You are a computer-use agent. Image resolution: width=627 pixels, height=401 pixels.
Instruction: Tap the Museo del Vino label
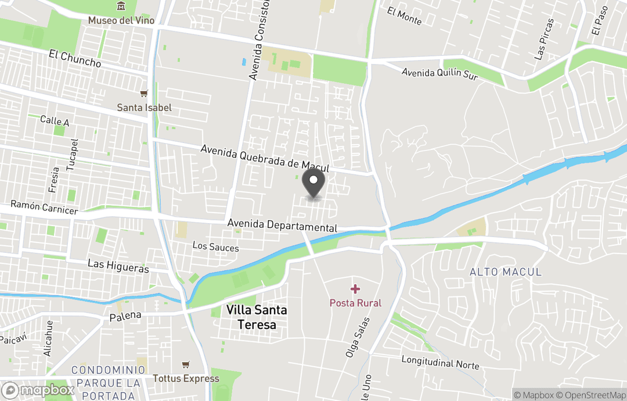pos(121,20)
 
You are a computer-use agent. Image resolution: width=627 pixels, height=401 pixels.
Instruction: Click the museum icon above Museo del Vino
pos(121,6)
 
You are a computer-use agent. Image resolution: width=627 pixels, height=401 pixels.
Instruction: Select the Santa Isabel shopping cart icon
pos(144,94)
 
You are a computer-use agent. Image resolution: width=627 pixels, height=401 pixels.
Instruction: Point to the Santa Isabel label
pos(144,108)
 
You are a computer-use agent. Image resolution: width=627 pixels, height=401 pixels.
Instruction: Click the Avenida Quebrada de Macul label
pos(265,158)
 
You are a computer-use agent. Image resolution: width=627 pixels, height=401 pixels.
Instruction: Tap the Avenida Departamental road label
pos(282,225)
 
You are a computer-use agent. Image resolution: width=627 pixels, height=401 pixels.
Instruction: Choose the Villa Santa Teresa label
pos(257,317)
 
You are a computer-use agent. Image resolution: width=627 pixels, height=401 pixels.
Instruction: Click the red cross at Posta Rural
pos(355,289)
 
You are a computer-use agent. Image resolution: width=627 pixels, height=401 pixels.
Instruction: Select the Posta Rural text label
pos(355,303)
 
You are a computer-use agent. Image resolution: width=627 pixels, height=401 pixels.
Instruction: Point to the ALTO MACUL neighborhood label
pos(505,272)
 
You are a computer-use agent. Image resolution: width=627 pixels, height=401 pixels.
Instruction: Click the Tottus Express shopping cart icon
pos(186,364)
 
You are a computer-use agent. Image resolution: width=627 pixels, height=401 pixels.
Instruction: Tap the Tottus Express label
pos(186,378)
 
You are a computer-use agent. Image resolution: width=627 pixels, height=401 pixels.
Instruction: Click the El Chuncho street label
pos(75,59)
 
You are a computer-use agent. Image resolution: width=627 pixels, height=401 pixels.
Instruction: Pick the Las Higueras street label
pos(118,266)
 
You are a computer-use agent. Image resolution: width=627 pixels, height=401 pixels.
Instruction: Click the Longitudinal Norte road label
pos(440,363)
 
